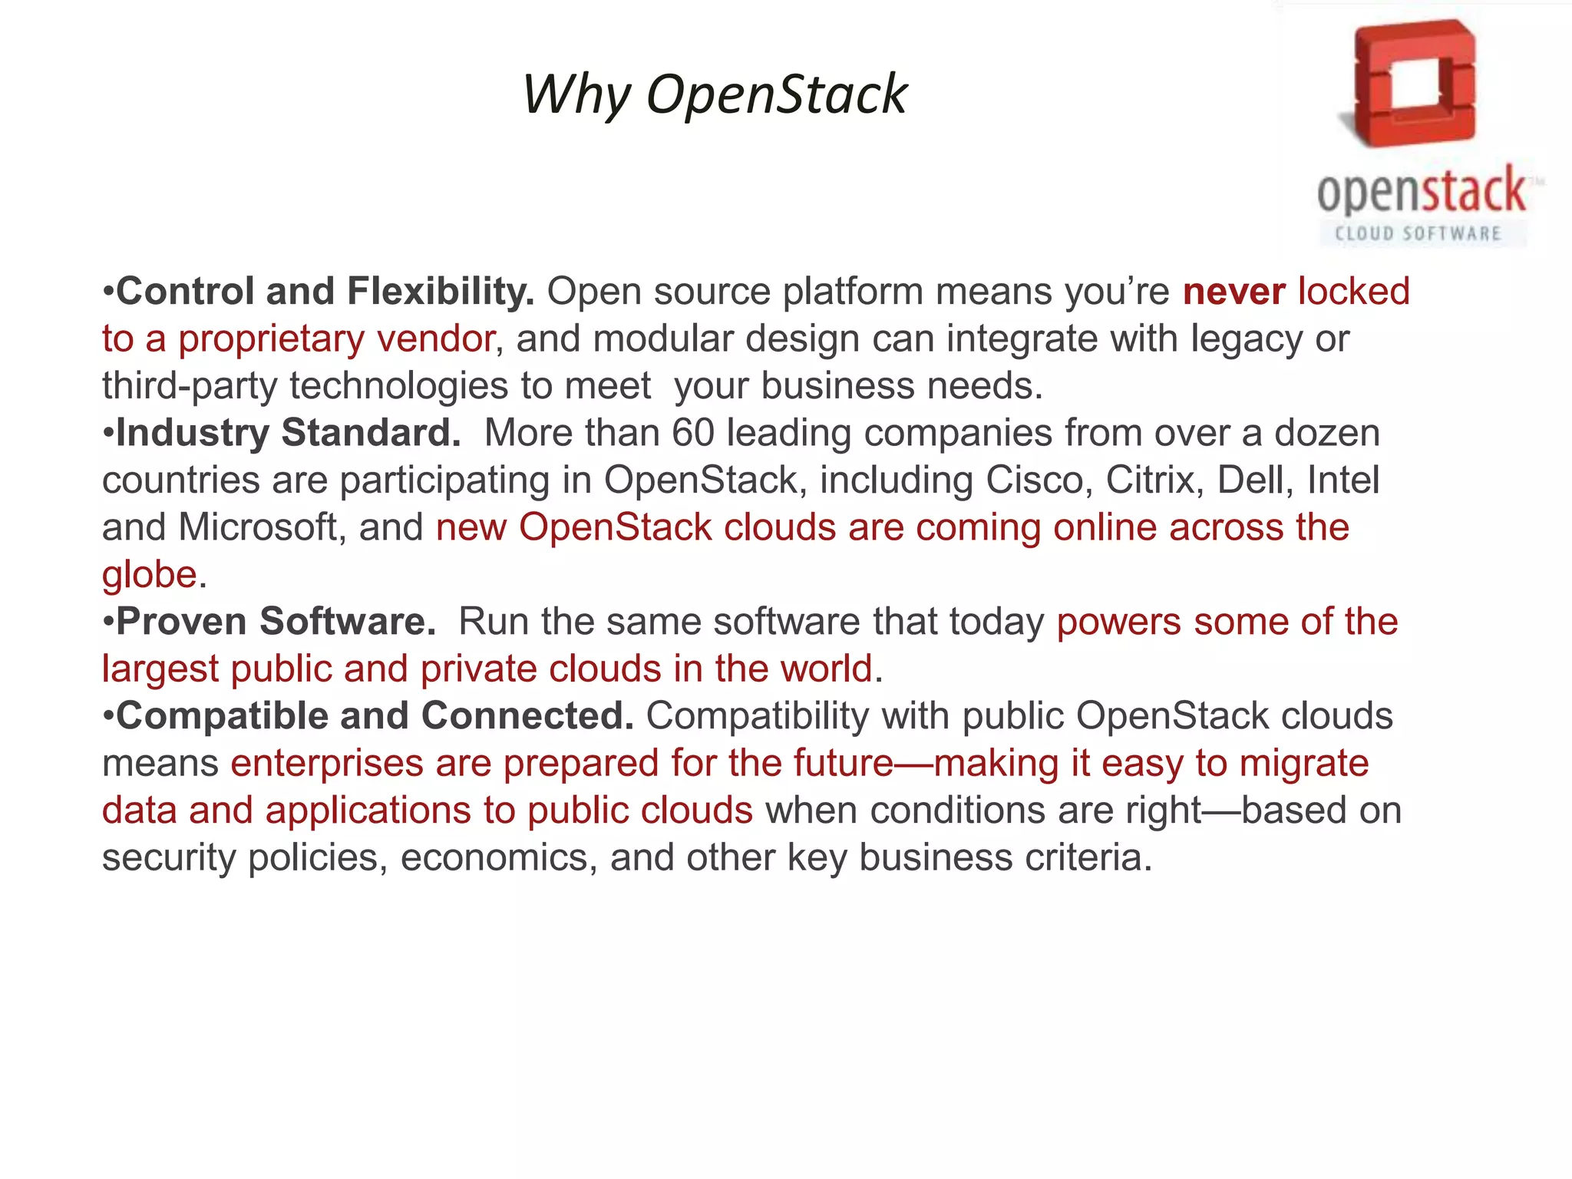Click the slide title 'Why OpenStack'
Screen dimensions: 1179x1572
[x=715, y=94]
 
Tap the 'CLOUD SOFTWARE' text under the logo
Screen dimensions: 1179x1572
[x=1418, y=233]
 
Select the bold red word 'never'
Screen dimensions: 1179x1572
[x=1234, y=292]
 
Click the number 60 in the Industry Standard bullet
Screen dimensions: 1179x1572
[x=693, y=433]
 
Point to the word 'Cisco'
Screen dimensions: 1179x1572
[x=1039, y=481]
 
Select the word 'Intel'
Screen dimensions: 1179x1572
[x=1343, y=481]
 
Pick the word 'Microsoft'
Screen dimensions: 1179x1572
[x=258, y=527]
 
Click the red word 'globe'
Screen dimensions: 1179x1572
[x=150, y=575]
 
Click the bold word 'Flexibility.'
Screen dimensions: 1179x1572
[x=441, y=292]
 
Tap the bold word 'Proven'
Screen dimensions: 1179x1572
[x=181, y=622]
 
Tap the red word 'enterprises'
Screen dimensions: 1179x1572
[x=327, y=764]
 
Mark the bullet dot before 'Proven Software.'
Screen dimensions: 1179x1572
[x=108, y=622]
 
